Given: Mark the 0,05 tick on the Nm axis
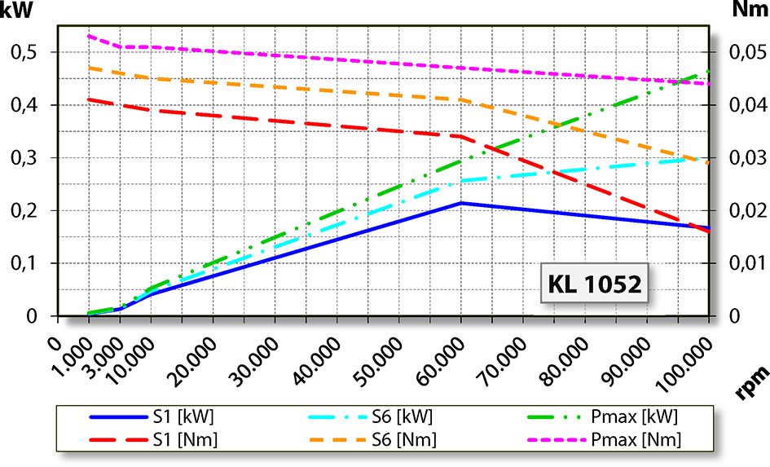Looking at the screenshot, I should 744,53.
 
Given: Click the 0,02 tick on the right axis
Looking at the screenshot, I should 744,211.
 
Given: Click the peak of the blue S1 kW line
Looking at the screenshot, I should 461,203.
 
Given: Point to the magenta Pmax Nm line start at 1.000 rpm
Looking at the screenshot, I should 88,36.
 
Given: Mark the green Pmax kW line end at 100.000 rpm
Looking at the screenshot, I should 709,72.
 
